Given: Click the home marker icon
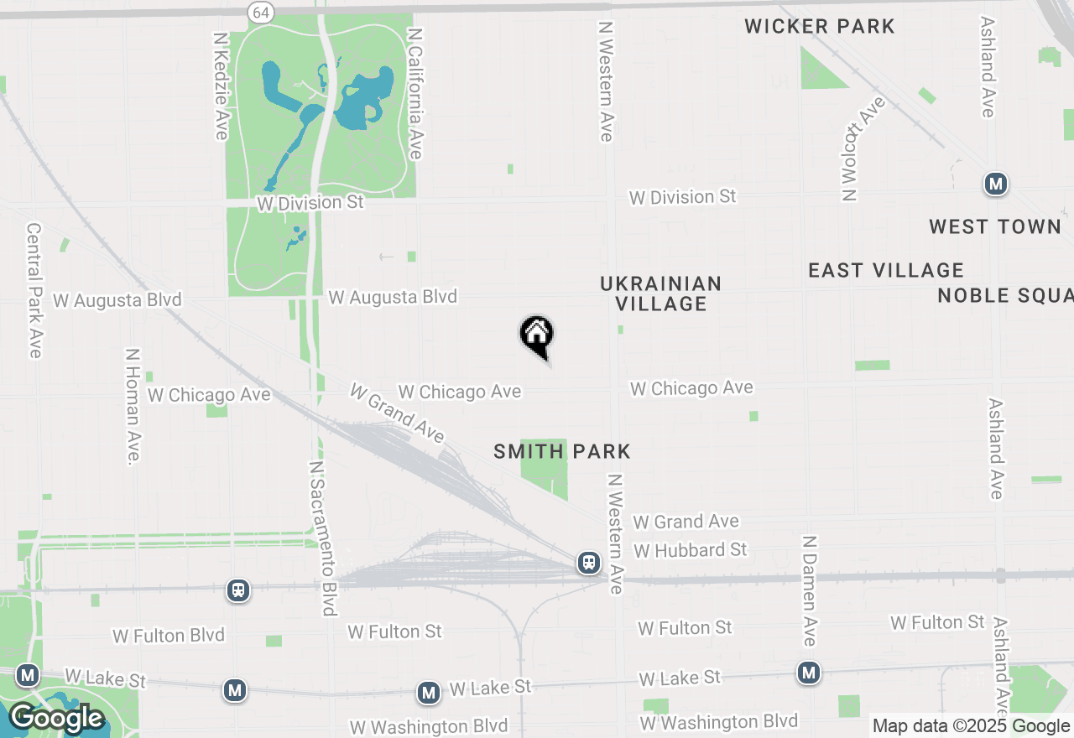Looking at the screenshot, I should pyautogui.click(x=537, y=335).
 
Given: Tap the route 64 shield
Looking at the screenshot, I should pyautogui.click(x=260, y=12).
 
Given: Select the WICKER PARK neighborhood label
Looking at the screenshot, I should pyautogui.click(x=820, y=26).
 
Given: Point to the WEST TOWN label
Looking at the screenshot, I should pyautogui.click(x=995, y=226).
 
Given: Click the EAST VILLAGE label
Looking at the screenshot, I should pyautogui.click(x=886, y=270).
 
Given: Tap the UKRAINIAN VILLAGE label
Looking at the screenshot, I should pyautogui.click(x=661, y=294).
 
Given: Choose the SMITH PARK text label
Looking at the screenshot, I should pyautogui.click(x=562, y=452).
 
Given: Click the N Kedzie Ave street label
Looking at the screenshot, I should pyautogui.click(x=222, y=86).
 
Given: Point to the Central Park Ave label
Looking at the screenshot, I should pyautogui.click(x=34, y=290).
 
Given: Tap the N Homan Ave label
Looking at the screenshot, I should pyautogui.click(x=133, y=406).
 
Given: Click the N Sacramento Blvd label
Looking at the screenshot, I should pyautogui.click(x=323, y=538).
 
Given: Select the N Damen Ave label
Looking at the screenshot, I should pyautogui.click(x=809, y=591).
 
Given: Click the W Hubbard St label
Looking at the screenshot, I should pyautogui.click(x=691, y=550).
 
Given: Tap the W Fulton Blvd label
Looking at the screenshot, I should pyautogui.click(x=169, y=636).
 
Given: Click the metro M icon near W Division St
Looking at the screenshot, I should pyautogui.click(x=996, y=184).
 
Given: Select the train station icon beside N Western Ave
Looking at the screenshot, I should pyautogui.click(x=589, y=563).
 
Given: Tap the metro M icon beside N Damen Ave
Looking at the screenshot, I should pyautogui.click(x=809, y=673).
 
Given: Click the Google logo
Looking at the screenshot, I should pyautogui.click(x=56, y=718).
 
